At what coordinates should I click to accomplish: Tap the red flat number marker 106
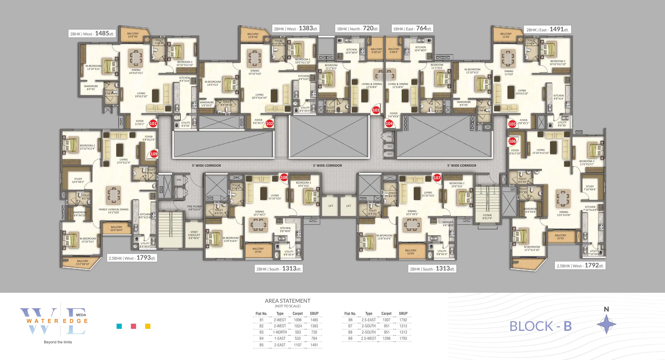[512, 141]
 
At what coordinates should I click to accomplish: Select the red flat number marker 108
[284, 177]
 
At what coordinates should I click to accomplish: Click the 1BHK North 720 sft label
[357, 29]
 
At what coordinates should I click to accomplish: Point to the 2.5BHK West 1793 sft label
[132, 258]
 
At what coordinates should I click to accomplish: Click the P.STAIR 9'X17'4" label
[487, 217]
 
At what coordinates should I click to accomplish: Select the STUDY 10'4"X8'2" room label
[78, 180]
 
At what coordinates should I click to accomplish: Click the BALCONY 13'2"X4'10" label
[83, 262]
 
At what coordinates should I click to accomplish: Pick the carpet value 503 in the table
[298, 332]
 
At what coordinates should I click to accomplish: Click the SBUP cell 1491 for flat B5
[314, 345]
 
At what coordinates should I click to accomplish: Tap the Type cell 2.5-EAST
[369, 320]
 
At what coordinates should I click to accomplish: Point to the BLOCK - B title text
[540, 326]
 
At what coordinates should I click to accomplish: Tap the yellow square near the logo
[148, 326]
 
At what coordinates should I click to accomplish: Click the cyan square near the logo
[119, 326]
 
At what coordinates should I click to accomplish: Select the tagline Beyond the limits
[58, 342]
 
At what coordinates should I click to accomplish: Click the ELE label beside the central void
[389, 146]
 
